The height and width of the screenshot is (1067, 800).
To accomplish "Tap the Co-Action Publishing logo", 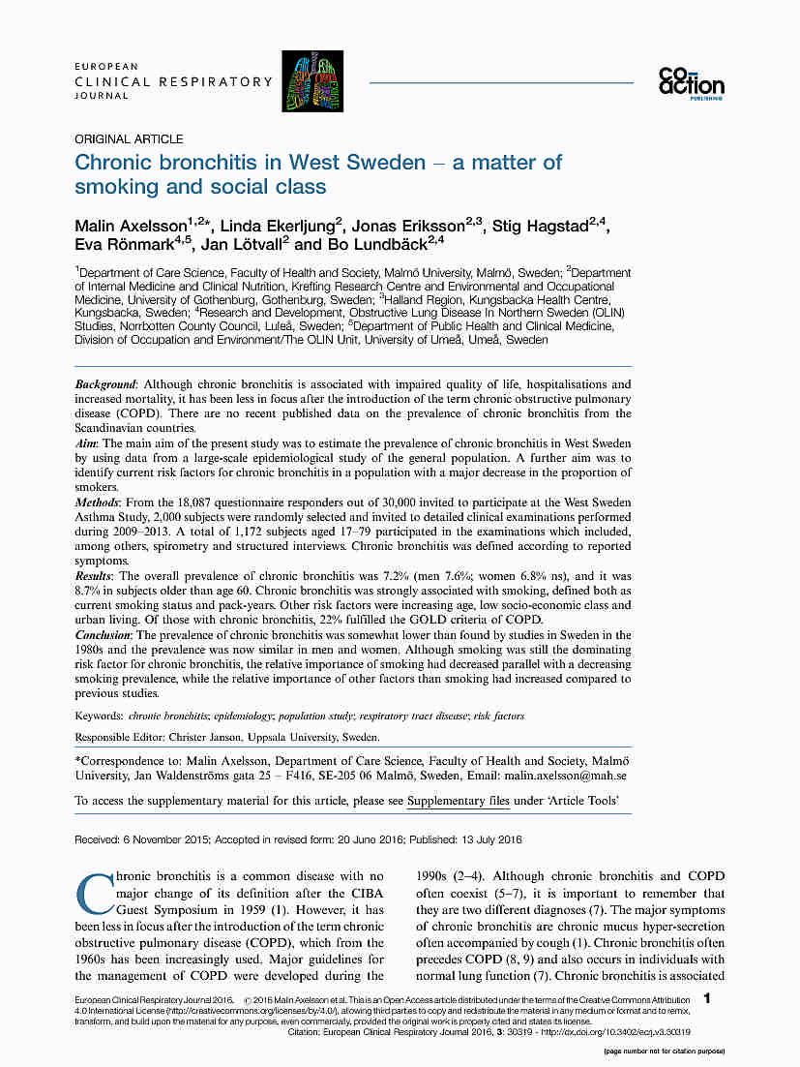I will pyautogui.click(x=691, y=83).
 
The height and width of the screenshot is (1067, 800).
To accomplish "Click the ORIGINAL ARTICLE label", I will pyautogui.click(x=129, y=139).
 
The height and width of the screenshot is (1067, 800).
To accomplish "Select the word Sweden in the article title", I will pyautogui.click(x=383, y=162).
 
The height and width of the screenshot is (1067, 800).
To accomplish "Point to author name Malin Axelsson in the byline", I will pyautogui.click(x=131, y=227).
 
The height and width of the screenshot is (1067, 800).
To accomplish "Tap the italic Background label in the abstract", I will pyautogui.click(x=105, y=384).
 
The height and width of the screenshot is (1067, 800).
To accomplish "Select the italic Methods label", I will pyautogui.click(x=97, y=503).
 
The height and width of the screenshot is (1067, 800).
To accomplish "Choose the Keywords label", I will pyautogui.click(x=99, y=716).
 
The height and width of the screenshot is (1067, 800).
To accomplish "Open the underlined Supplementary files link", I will pyautogui.click(x=459, y=801).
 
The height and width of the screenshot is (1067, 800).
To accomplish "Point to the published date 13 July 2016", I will pyautogui.click(x=489, y=839).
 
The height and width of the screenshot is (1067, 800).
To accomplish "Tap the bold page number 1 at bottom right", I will pyautogui.click(x=709, y=997).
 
